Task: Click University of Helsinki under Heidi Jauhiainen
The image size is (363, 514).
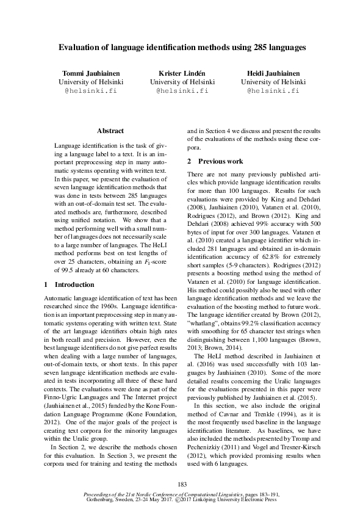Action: tap(273, 81)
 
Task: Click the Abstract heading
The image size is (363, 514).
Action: tap(110, 131)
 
